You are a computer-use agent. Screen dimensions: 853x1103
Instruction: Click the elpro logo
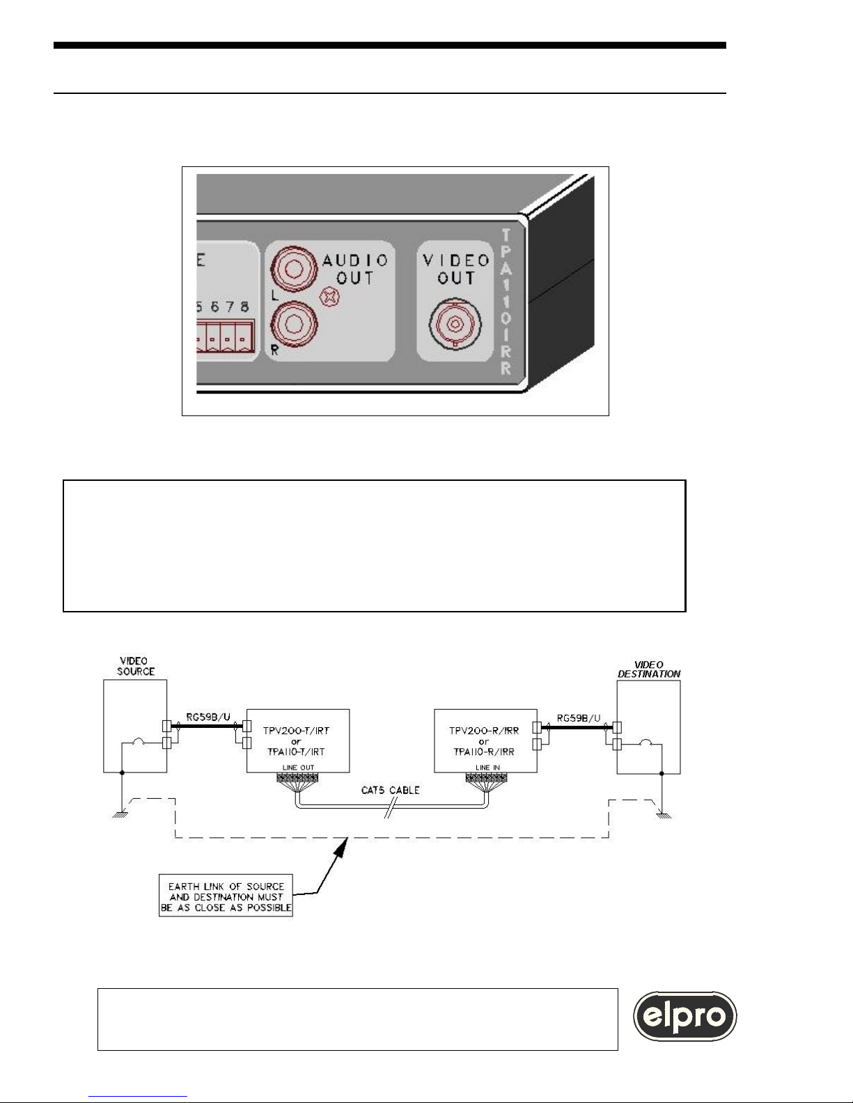[x=684, y=1016]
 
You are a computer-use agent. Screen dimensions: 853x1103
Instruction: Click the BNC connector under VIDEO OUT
[x=455, y=324]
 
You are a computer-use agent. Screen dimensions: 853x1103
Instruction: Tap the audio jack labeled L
[x=293, y=269]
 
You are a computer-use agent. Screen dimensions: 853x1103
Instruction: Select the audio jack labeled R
[x=294, y=324]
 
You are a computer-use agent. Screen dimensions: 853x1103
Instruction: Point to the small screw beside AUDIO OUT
[x=329, y=297]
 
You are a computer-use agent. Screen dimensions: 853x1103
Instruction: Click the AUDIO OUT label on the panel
[x=355, y=269]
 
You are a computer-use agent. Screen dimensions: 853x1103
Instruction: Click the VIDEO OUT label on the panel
[x=456, y=269]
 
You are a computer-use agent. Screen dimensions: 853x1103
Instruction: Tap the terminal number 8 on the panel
[x=244, y=307]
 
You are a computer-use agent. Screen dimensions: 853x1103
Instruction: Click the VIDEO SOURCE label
[x=136, y=666]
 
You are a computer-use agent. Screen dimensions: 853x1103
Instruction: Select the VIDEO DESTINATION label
[x=649, y=669]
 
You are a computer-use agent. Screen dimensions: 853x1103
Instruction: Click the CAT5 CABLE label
[x=391, y=791]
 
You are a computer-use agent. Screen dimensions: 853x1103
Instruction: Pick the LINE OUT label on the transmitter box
[x=299, y=768]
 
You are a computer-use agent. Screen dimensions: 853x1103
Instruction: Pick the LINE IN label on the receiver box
[x=487, y=768]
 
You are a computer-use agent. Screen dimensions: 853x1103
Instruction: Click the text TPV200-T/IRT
[x=296, y=731]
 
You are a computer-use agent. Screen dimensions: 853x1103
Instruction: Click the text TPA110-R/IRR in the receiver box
[x=484, y=752]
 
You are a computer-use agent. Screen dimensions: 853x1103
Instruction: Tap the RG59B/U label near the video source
[x=208, y=717]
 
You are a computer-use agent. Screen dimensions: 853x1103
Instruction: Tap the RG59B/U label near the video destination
[x=579, y=718]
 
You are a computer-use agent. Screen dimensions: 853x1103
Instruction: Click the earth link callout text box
[x=226, y=897]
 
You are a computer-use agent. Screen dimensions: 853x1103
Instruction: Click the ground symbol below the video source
[x=120, y=815]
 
